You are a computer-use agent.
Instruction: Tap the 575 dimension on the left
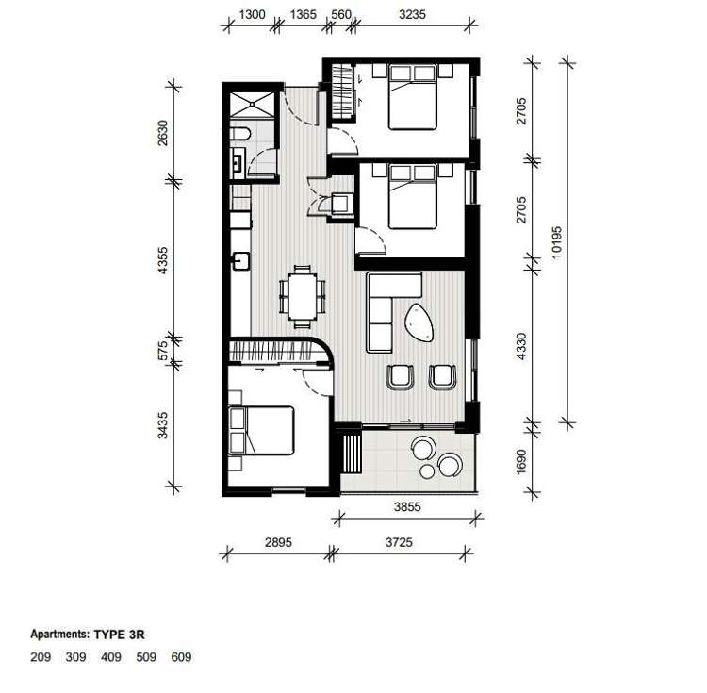pos(162,351)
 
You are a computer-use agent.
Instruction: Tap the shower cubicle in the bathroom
pos(253,107)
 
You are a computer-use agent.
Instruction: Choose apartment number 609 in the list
pos(182,657)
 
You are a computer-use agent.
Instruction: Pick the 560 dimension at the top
pos(340,14)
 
